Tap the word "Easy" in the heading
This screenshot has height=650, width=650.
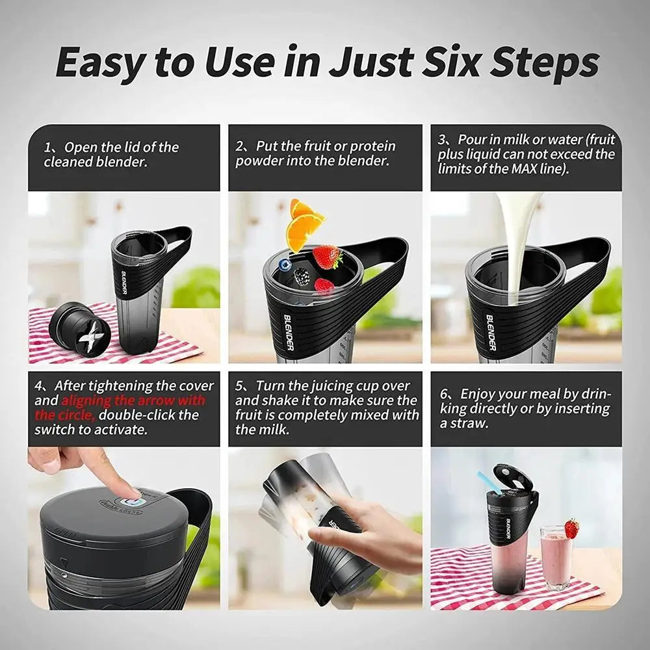pos(99,63)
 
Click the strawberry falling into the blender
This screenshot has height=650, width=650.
pos(328,257)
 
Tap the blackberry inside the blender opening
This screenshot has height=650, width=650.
pos(302,276)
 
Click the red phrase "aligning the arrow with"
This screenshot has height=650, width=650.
pos(133,400)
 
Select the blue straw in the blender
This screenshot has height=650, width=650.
pos(489,482)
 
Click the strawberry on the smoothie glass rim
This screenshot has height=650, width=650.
pos(571,528)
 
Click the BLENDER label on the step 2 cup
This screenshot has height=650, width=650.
pos(289,331)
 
